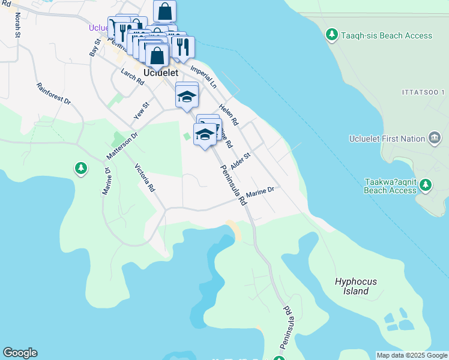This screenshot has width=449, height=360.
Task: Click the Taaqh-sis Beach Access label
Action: point(387,35)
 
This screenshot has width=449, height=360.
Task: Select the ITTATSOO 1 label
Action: point(423,92)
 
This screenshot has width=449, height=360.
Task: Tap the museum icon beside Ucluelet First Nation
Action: point(435,139)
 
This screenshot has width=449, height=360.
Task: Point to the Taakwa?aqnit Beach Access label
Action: point(390,185)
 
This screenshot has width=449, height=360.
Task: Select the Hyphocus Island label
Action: point(352,286)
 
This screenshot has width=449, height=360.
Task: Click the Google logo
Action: point(20,353)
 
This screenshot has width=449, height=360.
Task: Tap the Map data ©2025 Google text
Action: point(411,355)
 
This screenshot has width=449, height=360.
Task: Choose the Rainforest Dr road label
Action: point(53,94)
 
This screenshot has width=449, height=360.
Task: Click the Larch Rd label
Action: point(132,77)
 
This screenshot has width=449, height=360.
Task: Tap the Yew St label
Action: point(142,111)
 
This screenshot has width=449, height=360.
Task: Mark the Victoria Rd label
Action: point(145,178)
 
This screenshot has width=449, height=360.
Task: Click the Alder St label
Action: point(240,160)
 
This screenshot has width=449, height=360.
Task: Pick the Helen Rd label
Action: point(229,115)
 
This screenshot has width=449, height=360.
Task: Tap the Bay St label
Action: point(94,47)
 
